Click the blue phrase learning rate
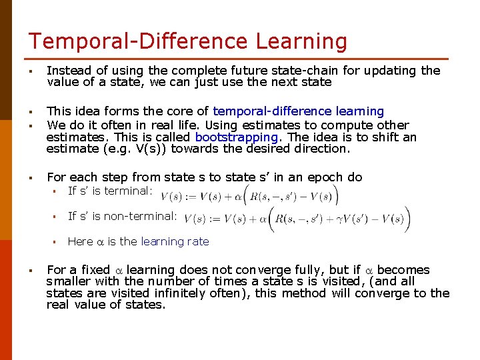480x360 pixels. pyautogui.click(x=175, y=241)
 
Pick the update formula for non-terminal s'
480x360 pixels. pyautogui.click(x=297, y=219)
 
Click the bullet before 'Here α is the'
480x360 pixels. pyautogui.click(x=58, y=242)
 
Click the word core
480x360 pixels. pyautogui.click(x=186, y=111)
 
